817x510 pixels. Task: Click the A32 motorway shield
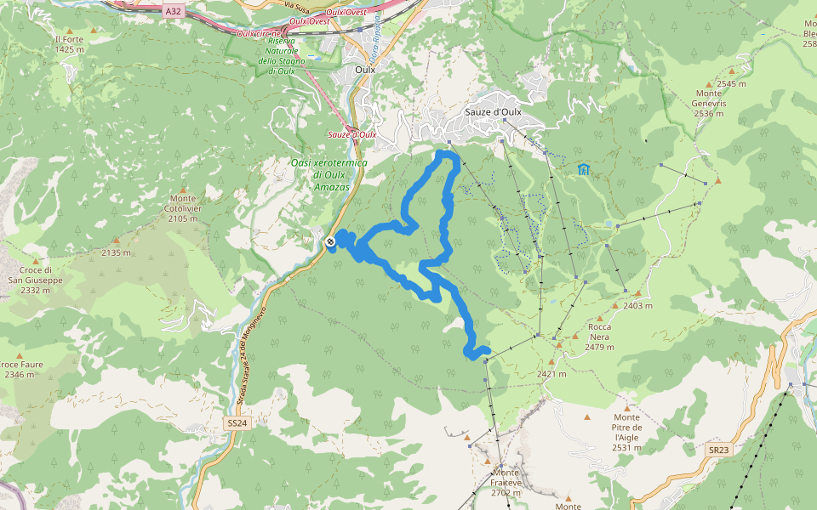[x=174, y=10]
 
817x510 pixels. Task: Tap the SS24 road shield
[x=237, y=422]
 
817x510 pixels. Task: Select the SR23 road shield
[x=717, y=449]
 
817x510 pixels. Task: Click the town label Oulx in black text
[x=364, y=70]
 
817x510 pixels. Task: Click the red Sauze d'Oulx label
[x=352, y=134]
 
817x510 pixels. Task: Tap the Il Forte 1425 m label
[x=69, y=44]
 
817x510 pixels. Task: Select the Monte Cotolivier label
[x=183, y=208]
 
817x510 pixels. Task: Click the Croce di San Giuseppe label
[x=36, y=280]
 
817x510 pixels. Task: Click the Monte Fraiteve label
[x=506, y=482]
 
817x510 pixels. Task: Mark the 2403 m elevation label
[x=637, y=306]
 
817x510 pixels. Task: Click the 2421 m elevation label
[x=551, y=374]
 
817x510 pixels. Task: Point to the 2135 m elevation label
[x=116, y=252]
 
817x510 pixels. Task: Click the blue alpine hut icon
[x=584, y=169]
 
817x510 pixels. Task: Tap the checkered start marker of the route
[x=330, y=242]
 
